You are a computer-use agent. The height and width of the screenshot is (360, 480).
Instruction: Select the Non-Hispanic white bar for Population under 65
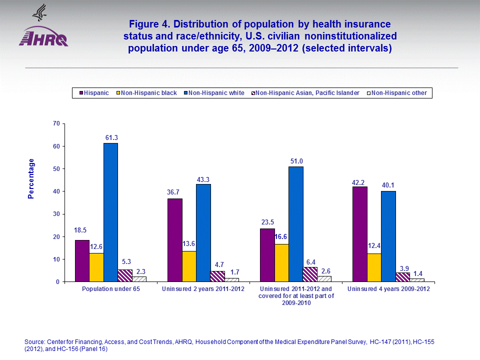110,212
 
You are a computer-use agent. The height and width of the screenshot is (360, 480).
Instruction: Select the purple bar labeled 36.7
174,240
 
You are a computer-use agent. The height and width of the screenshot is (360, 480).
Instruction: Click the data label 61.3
111,137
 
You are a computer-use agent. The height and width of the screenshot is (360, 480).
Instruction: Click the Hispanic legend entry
93,93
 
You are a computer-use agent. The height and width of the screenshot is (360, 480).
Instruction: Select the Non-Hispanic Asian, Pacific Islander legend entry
304,93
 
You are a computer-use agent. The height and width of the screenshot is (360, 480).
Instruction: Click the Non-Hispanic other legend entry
397,93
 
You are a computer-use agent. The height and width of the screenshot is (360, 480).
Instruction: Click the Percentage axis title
31,178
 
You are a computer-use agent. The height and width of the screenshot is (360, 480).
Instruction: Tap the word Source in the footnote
33,341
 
